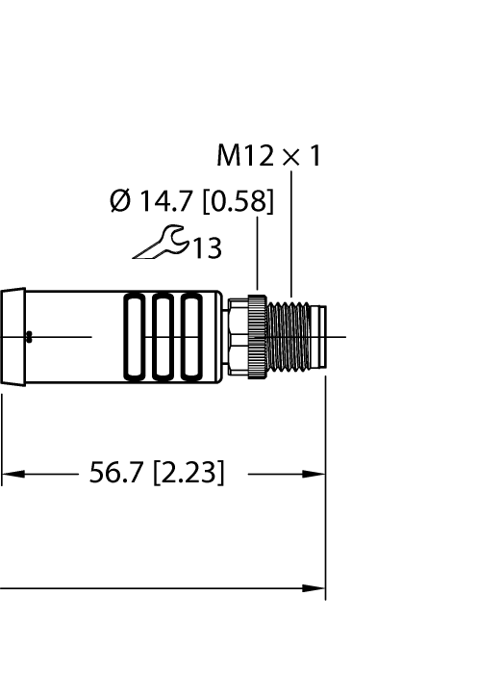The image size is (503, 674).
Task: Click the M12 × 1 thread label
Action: tap(268, 156)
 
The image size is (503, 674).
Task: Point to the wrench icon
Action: tap(160, 246)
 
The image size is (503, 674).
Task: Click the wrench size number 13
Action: tap(205, 249)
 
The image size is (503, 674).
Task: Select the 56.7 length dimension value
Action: tap(117, 474)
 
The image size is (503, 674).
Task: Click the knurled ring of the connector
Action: tap(257, 337)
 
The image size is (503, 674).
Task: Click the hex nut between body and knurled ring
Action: tap(237, 337)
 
